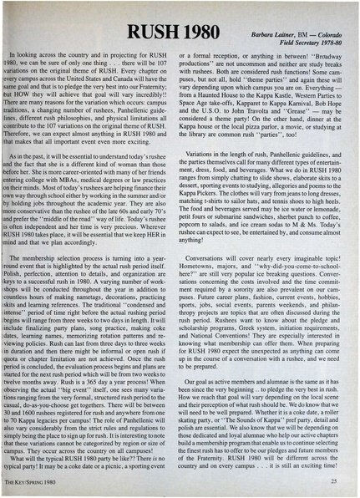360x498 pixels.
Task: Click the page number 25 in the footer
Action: pyautogui.click(x=333, y=482)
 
